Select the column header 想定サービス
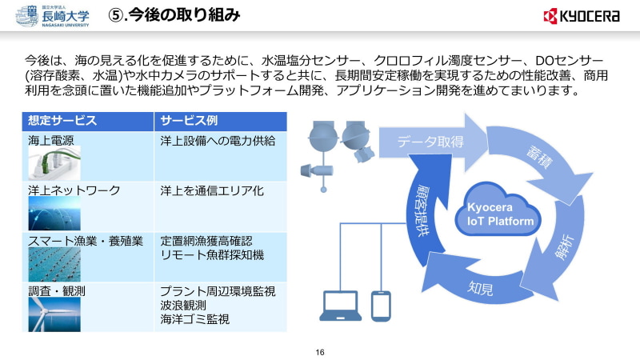click(62, 121)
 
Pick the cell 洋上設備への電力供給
click(218, 141)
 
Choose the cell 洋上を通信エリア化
click(211, 190)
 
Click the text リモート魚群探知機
click(212, 254)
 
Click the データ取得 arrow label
click(431, 142)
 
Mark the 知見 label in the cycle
click(481, 286)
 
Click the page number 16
click(320, 352)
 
